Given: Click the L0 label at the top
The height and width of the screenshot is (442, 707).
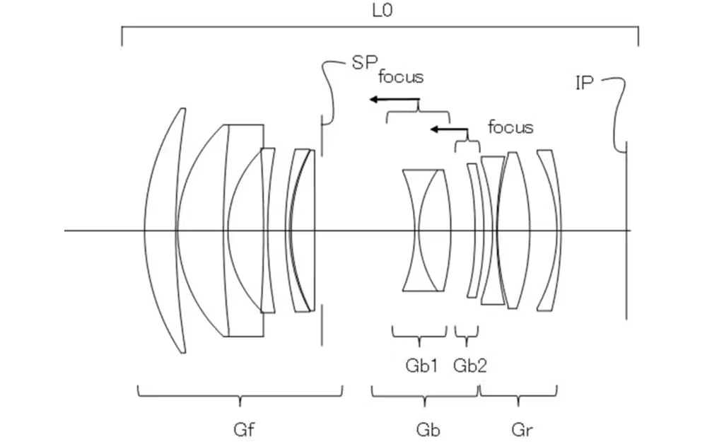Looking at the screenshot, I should point(380,11).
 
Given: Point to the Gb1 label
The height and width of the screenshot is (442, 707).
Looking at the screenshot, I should point(421,365).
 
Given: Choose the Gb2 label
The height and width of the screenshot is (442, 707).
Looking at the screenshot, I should point(469,365).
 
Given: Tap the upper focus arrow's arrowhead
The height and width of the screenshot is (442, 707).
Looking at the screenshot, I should point(373,100).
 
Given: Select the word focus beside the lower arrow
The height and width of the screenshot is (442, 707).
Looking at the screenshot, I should point(510,128).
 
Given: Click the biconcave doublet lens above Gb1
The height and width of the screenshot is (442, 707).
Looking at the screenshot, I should point(426,231).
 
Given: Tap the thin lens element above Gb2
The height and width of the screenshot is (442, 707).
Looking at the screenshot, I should point(472,231).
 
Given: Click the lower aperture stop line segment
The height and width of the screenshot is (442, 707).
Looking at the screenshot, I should point(322,325).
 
